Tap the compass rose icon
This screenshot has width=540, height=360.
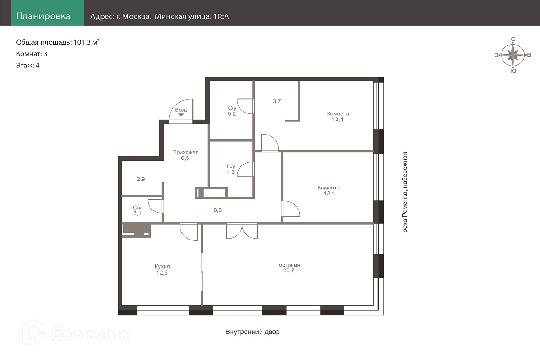tap(513, 55)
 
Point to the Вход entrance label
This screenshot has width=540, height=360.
tap(181, 110)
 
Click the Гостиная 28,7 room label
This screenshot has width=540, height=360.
tap(288, 268)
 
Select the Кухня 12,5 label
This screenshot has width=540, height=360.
tap(162, 270)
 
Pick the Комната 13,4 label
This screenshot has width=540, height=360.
tap(338, 116)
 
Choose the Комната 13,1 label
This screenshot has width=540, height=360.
tap(329, 190)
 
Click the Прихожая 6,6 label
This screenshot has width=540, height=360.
tap(185, 155)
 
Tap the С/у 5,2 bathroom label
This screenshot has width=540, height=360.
tap(232, 111)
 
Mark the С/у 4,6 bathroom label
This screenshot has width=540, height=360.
tap(231, 169)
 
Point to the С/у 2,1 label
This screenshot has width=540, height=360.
tap(137, 210)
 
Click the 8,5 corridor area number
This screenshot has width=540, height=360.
tap(217, 210)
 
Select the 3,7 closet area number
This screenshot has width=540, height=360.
tap(277, 101)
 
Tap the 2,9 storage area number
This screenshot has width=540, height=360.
tap(141, 179)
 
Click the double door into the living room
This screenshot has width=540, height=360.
tap(242, 231)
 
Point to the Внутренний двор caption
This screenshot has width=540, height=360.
tap(253, 332)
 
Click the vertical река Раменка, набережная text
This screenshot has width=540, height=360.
tap(405, 192)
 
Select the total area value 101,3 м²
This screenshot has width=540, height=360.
tap(86, 42)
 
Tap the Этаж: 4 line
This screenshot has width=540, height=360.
tap(28, 66)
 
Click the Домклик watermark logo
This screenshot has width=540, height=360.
tap(76, 332)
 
